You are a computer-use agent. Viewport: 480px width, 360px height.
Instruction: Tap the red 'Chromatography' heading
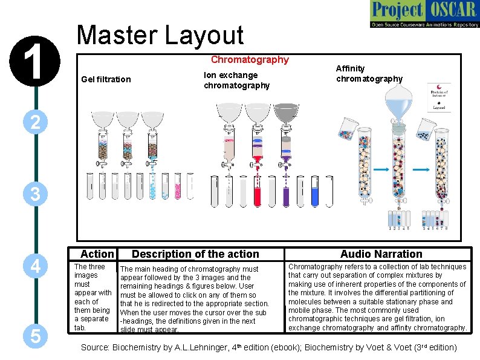tap(250, 60)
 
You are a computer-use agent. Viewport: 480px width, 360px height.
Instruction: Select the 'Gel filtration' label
tap(106, 79)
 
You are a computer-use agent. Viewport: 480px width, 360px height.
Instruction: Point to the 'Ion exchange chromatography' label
tap(236, 80)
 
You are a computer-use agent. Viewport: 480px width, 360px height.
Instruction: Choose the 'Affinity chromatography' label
tap(369, 74)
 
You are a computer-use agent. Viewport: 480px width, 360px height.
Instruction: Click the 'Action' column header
tap(97, 254)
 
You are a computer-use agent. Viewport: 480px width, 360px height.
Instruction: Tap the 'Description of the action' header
tap(195, 254)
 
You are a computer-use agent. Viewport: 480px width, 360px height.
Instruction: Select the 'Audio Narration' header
tap(381, 254)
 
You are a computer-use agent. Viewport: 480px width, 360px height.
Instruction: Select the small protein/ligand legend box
tap(438, 97)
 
